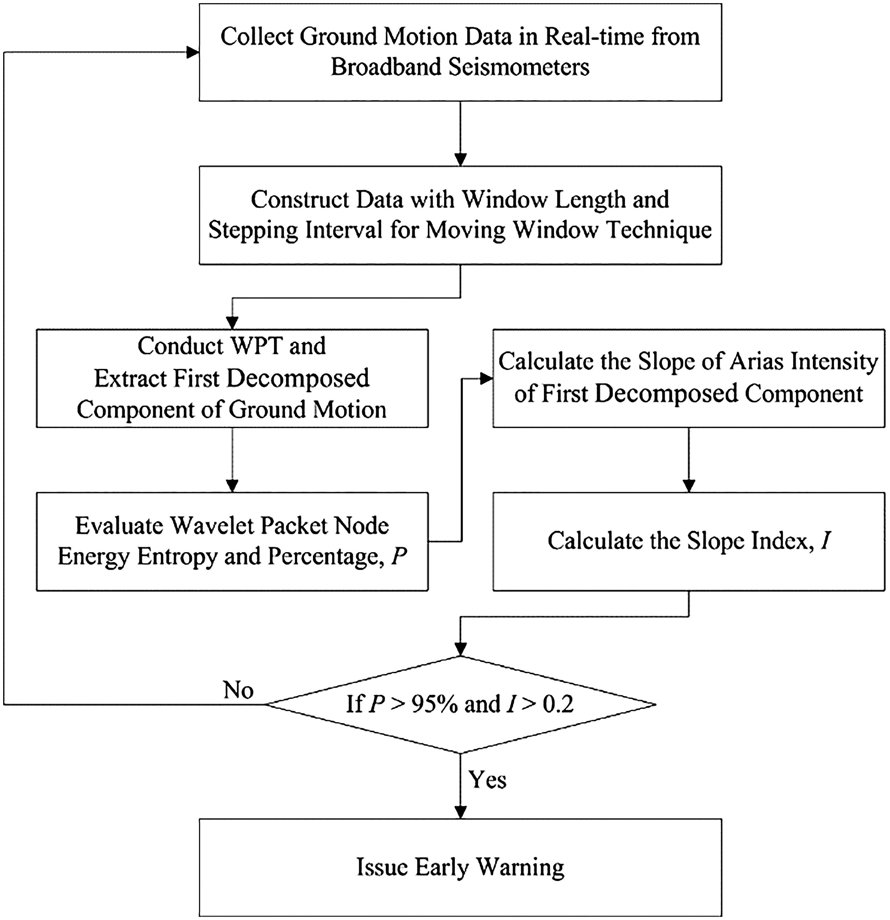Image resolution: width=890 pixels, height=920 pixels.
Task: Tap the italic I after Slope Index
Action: (x=825, y=541)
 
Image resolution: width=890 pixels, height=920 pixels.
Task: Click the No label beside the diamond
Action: (x=239, y=690)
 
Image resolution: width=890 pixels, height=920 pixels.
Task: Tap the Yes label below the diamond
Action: (x=488, y=780)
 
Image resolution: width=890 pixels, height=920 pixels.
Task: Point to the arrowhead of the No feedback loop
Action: (x=193, y=52)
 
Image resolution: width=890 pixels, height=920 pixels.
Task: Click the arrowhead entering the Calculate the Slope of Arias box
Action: (x=487, y=378)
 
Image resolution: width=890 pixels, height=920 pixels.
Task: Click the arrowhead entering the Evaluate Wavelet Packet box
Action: (x=232, y=486)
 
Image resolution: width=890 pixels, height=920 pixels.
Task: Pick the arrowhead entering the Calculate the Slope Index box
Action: (x=689, y=486)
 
